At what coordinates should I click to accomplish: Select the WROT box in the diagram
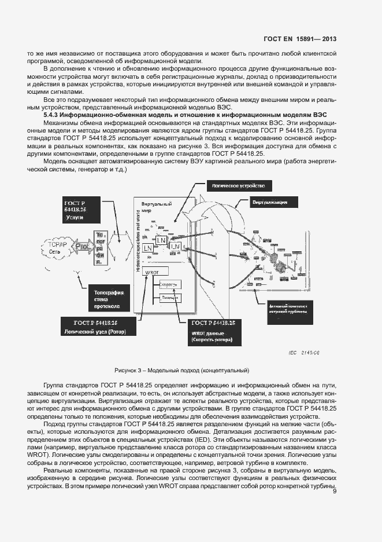[152, 272]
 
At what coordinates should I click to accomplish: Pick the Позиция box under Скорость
[169, 298]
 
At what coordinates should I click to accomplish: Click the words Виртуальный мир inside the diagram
[153, 208]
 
